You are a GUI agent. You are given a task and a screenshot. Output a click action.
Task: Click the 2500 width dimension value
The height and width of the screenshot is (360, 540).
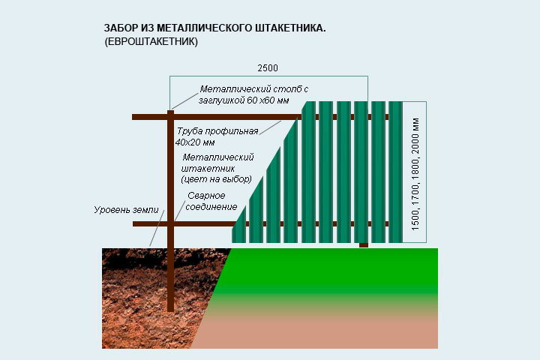268,67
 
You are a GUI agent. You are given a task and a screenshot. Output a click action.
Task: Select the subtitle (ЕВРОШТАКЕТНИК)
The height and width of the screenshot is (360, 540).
151,42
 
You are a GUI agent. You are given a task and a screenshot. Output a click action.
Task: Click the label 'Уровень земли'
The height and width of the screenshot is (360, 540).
126,209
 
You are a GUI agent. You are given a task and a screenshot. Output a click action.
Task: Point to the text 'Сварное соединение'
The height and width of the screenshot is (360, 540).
211,201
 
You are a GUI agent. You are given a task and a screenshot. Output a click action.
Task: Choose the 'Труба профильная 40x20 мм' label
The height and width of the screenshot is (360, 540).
217,136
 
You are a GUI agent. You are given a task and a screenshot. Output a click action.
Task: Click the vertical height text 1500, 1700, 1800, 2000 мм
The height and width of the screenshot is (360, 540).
415,174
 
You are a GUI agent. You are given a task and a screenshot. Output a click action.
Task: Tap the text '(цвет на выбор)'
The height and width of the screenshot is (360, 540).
216,179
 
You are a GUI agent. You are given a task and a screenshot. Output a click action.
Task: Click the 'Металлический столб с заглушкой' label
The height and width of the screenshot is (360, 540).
253,94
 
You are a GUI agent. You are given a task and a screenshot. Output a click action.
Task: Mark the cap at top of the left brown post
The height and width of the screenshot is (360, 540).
170,112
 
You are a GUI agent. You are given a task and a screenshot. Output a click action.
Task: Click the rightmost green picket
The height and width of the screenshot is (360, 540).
395,172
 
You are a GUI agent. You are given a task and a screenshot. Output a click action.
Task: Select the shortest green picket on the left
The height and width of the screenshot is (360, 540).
239,224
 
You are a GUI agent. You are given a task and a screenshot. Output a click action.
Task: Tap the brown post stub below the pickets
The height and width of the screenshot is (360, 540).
364,245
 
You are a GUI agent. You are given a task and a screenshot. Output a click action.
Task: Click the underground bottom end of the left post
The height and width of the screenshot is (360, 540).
170,310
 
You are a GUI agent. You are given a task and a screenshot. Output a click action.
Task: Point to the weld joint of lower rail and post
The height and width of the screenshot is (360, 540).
170,224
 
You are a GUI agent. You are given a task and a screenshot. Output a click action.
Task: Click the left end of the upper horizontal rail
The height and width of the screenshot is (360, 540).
133,117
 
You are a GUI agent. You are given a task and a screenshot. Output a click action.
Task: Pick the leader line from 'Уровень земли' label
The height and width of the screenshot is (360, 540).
157,228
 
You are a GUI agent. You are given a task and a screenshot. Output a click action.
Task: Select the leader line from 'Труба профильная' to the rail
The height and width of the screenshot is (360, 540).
270,127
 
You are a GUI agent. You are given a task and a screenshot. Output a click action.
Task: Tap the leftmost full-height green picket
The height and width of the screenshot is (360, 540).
308,172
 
